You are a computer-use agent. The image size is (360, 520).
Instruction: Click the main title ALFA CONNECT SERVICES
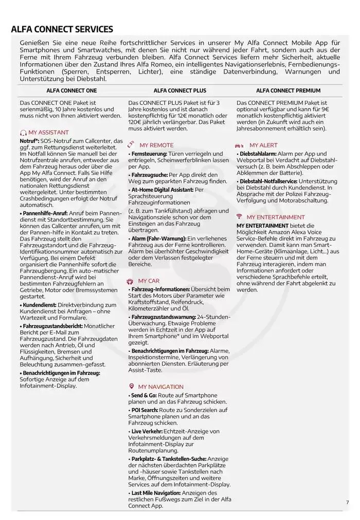(x=62, y=29)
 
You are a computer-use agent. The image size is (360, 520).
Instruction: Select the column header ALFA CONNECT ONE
(x=71, y=91)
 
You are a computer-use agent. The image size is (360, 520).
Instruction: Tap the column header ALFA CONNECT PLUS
(x=180, y=91)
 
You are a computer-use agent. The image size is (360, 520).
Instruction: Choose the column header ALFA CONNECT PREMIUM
(x=288, y=91)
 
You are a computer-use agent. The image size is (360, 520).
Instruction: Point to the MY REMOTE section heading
(x=156, y=146)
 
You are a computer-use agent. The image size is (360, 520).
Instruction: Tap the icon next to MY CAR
(x=130, y=281)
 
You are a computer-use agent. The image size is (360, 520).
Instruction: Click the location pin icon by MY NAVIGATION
(x=131, y=386)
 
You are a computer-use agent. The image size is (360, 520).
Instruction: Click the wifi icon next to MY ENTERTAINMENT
(x=239, y=217)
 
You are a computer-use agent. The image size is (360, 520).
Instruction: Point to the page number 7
(x=347, y=502)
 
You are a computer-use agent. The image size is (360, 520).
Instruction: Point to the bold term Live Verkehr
(x=147, y=431)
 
